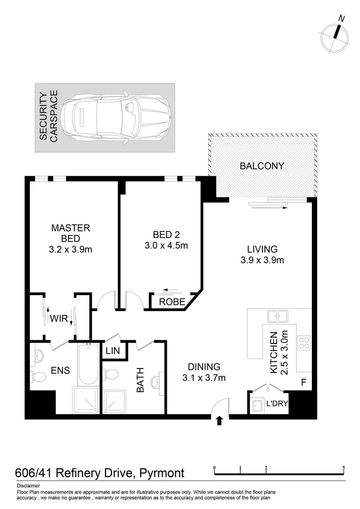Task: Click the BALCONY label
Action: point(262,166)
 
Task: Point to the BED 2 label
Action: point(166,235)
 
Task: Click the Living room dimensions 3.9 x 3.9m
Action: point(262,260)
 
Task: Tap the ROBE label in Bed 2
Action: point(172,302)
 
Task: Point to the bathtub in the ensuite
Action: point(88,364)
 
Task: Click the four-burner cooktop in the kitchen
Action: point(304,343)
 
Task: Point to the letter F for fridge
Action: point(304,382)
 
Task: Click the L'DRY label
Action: point(277,404)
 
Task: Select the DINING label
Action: point(204,367)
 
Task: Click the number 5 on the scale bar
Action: point(344,468)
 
